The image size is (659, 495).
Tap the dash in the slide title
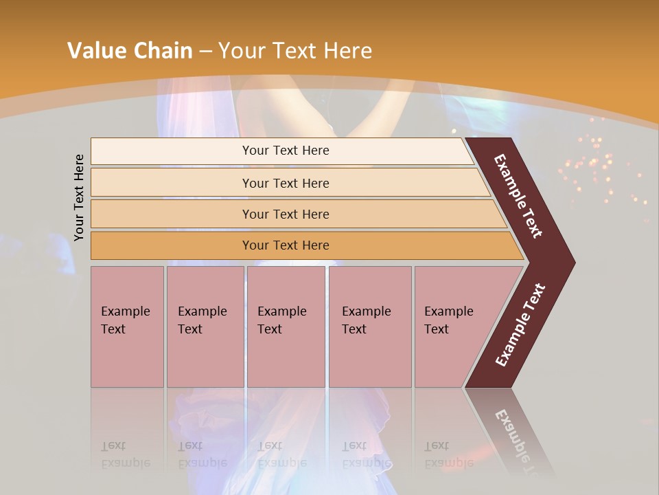[x=205, y=52]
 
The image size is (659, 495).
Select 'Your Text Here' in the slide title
[x=295, y=51]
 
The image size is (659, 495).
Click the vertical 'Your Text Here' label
[x=79, y=197]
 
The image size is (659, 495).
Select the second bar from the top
[x=285, y=183]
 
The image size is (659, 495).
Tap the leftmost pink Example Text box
[x=127, y=326]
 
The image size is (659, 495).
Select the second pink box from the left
[x=205, y=326]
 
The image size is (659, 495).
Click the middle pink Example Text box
[x=286, y=326]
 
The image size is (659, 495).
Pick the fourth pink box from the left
[x=369, y=326]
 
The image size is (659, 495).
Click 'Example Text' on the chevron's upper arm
[x=518, y=196]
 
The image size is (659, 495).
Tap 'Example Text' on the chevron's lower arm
[x=520, y=324]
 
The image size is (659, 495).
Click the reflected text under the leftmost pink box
[x=125, y=454]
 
